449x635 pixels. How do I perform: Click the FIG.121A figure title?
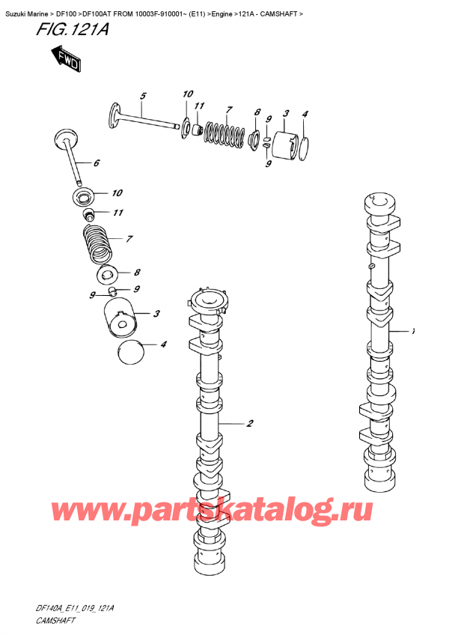[66, 32]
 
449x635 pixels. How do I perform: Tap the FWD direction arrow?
[67, 61]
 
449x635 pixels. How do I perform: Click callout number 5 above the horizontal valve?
[143, 95]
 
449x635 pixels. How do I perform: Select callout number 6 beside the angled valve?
[96, 162]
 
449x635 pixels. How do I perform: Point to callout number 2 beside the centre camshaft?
[249, 424]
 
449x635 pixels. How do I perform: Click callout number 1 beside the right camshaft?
[412, 330]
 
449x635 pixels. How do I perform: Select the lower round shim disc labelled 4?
[132, 350]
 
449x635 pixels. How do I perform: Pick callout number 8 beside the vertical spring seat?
[137, 273]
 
